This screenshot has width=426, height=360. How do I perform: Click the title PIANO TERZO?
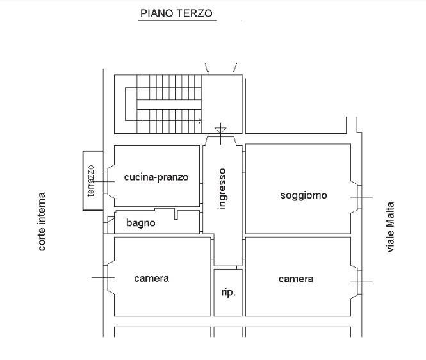176,13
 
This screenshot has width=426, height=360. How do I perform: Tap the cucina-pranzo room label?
156,177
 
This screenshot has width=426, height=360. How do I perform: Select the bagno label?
141,223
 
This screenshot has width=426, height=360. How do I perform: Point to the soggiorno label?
304,195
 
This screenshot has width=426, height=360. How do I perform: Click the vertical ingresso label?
222,189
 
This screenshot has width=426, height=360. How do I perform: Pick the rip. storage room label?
229,293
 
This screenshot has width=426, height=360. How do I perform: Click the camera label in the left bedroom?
151,279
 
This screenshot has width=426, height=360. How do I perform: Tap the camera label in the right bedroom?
296,279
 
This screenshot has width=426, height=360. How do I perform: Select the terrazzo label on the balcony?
91,181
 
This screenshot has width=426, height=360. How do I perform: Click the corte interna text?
41,222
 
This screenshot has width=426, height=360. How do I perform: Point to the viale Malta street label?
390,227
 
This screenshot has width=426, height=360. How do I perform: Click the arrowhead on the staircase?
201,120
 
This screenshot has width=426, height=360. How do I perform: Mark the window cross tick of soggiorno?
361,197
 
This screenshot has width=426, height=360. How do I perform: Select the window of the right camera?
359,282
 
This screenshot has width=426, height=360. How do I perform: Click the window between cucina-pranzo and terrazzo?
106,182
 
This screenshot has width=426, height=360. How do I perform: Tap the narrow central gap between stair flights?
169,104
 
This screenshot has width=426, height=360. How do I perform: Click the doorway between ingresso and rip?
228,268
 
